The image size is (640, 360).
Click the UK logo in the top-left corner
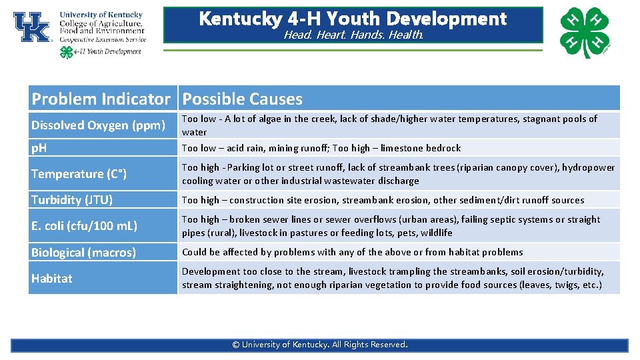(31, 27)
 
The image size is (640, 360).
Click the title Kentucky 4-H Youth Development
(353, 18)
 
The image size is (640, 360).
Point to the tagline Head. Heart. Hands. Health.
(353, 35)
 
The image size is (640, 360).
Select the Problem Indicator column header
(101, 99)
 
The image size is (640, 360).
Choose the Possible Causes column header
(242, 99)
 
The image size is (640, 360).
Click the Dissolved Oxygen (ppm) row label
(98, 125)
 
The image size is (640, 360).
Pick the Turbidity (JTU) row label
(72, 200)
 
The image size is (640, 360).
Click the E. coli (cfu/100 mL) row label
(84, 226)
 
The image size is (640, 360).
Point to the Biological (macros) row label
(83, 252)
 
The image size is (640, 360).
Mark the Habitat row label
(51, 278)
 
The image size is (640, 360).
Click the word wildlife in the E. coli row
(436, 233)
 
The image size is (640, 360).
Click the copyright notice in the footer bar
(319, 345)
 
